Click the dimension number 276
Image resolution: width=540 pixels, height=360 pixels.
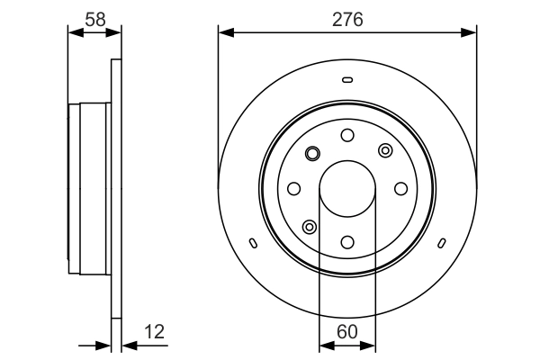(x=347, y=20)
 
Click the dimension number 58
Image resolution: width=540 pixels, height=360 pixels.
(x=95, y=20)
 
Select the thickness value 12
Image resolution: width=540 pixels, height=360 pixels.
(x=154, y=332)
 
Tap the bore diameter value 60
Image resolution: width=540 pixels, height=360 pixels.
(x=347, y=332)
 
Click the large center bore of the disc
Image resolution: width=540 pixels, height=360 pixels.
(x=347, y=189)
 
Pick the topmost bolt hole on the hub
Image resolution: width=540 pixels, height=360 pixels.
(x=347, y=135)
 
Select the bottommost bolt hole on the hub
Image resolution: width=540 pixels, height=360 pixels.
(x=347, y=242)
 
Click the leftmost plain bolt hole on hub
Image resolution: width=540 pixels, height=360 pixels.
(x=293, y=189)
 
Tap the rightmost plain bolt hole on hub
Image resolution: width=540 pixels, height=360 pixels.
(x=400, y=189)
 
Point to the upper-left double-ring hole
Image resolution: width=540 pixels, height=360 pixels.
(x=312, y=153)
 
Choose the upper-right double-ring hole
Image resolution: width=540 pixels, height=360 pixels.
(x=385, y=150)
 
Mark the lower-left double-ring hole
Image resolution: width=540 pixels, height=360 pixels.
(x=310, y=227)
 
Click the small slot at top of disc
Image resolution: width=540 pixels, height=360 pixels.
(x=347, y=80)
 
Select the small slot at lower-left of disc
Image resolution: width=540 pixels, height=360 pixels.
(x=253, y=243)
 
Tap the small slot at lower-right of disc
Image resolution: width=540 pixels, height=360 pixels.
(x=442, y=243)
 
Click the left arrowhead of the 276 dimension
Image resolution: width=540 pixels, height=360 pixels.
(x=226, y=32)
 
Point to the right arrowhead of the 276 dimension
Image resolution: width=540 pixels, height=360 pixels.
(x=469, y=32)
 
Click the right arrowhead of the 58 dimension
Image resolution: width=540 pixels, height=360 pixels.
(x=113, y=32)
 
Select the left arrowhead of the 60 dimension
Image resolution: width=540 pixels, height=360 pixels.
(x=327, y=346)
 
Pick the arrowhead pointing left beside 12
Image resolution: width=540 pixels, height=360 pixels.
(x=130, y=346)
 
